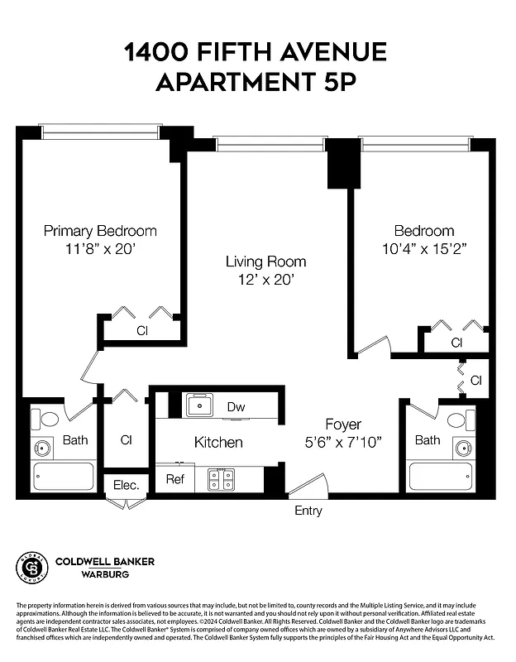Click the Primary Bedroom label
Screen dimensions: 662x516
[100, 231]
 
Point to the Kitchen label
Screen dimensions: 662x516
[218, 442]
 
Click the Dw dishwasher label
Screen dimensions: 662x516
[236, 406]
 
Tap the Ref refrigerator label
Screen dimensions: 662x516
[174, 478]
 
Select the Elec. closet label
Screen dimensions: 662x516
[125, 485]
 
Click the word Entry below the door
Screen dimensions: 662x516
[308, 511]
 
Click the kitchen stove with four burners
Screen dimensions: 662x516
[222, 479]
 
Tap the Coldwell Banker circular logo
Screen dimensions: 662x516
[32, 567]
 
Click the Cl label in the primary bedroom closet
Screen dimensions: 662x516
[142, 331]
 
